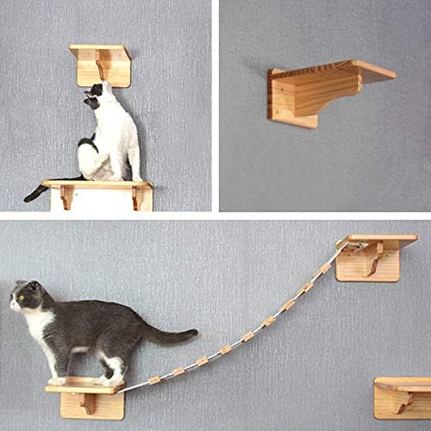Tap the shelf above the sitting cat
pos(100,53)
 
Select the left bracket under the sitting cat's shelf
pos(66,197)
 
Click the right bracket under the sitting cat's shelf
pos(134,197)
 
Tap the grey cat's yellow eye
pos(19,297)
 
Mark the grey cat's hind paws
pos(109,379)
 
